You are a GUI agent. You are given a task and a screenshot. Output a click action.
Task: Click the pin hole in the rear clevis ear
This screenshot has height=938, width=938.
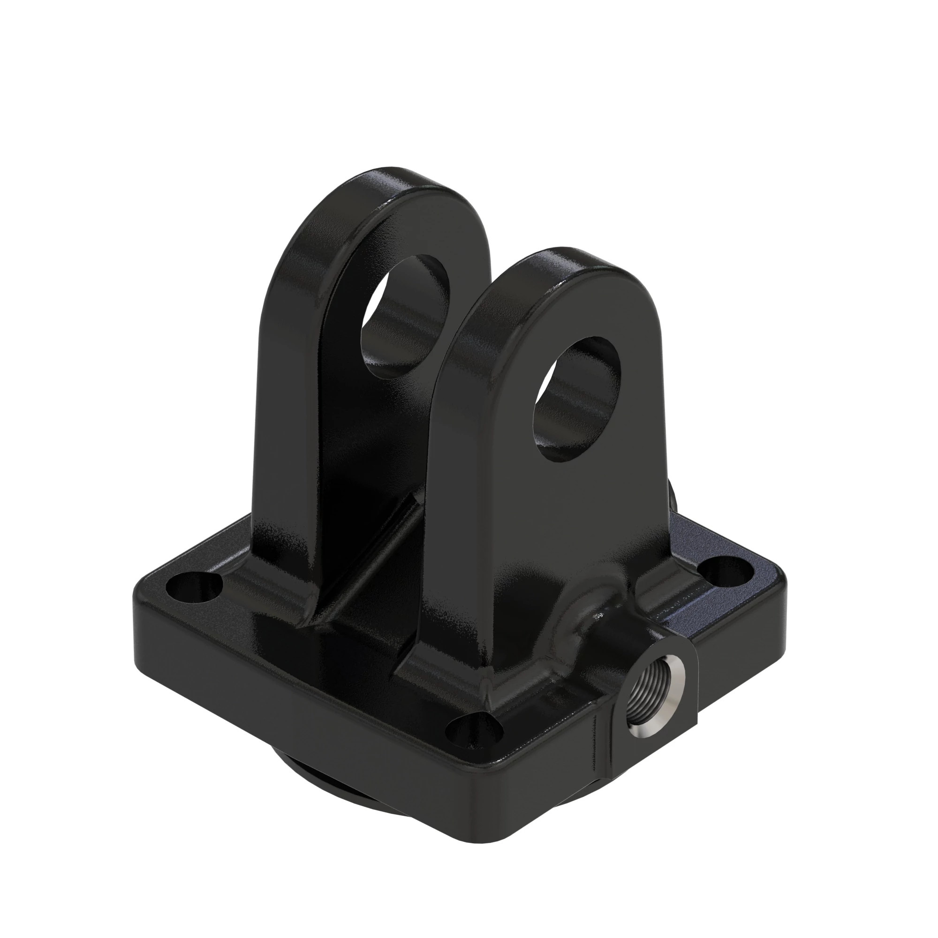point(405,316)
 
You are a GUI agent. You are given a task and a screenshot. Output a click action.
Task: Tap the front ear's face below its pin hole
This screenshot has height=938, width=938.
point(534,534)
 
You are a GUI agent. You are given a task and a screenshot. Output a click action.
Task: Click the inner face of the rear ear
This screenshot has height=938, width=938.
point(369,437)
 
